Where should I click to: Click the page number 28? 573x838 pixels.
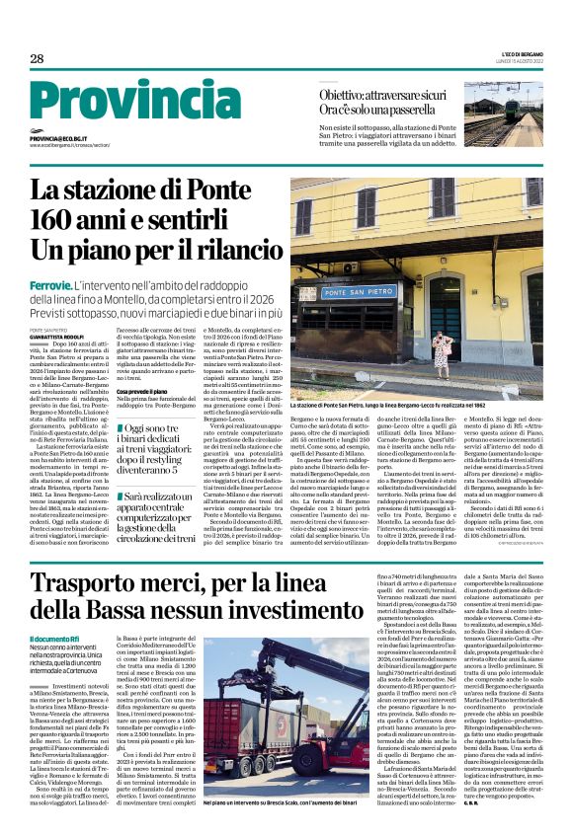click(x=37, y=58)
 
